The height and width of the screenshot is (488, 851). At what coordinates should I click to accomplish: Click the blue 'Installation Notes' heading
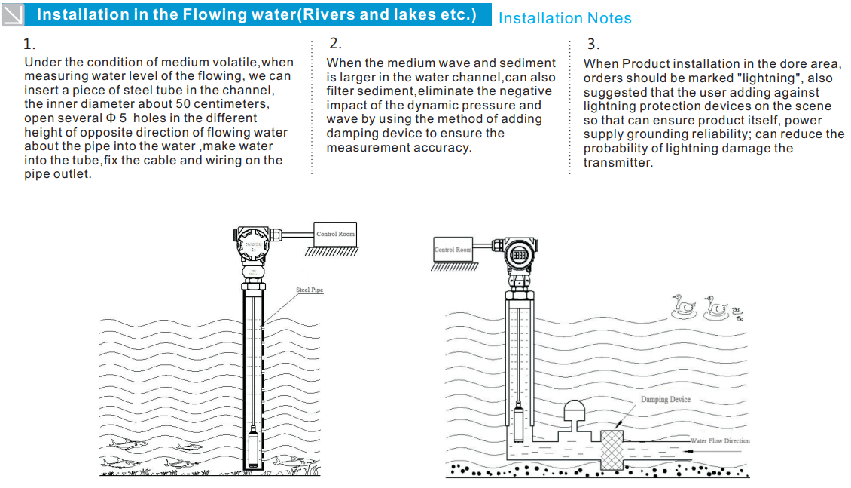pos(565,18)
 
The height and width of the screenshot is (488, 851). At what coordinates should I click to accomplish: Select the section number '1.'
pos(29,44)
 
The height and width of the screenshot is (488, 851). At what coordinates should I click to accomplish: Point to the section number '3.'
pos(593,44)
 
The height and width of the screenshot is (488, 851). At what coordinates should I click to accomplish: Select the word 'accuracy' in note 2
pos(443,148)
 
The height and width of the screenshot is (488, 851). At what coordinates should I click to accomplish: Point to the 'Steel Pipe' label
pos(310,290)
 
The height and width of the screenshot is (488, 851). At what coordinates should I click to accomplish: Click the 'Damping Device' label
pos(665,399)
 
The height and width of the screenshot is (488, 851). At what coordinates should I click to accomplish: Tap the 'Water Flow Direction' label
pos(720,440)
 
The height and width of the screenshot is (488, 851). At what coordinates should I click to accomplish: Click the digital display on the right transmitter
pos(520,256)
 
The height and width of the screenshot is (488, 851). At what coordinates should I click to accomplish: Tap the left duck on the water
pos(683,306)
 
